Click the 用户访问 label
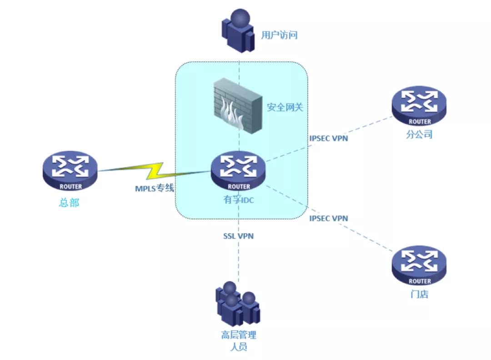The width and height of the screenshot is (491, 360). [x=279, y=35]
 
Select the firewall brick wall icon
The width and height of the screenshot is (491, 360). [x=238, y=105]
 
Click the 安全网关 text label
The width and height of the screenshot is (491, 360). [x=285, y=108]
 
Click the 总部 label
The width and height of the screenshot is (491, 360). [x=69, y=203]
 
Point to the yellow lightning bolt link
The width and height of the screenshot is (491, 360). [x=155, y=171]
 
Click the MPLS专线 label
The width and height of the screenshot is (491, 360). [x=154, y=188]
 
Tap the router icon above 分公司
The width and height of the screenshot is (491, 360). [x=419, y=105]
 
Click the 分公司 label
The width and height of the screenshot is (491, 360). [x=419, y=135]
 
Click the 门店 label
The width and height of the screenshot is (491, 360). [x=419, y=294]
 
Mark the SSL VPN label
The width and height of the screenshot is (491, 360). [x=238, y=236]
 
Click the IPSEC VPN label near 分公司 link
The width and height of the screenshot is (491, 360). [x=329, y=138]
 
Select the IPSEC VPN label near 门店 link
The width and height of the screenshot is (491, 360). [x=329, y=218]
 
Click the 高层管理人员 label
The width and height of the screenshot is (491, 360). [x=239, y=341]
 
